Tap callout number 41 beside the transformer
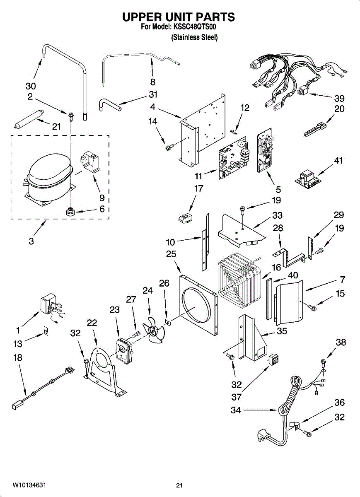pyautogui.click(x=338, y=161)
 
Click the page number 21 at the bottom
pyautogui.click(x=179, y=485)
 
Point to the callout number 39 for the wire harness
pyautogui.click(x=339, y=98)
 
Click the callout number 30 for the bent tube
pyautogui.click(x=31, y=86)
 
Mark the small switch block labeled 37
pyautogui.click(x=274, y=359)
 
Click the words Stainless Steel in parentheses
pyautogui.click(x=194, y=37)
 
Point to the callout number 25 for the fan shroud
pyautogui.click(x=171, y=254)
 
